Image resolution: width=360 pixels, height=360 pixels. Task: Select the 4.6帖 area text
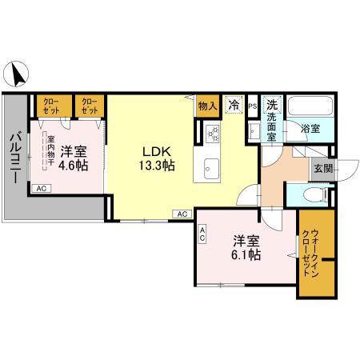73,165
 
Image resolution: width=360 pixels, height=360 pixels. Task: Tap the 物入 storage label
208,105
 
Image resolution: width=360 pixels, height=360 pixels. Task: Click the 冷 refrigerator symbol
234,104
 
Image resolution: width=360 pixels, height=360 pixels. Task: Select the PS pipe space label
252,106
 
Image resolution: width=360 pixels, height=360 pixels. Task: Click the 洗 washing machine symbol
272,105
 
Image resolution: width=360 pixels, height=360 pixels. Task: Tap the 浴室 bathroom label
310,127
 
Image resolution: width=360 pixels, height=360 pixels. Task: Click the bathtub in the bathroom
312,107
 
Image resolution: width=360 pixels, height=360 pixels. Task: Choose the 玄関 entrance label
323,168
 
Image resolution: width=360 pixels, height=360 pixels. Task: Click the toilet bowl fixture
314,194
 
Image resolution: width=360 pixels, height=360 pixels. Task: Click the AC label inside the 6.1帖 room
202,234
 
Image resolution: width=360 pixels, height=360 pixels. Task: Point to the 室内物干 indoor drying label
50,149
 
